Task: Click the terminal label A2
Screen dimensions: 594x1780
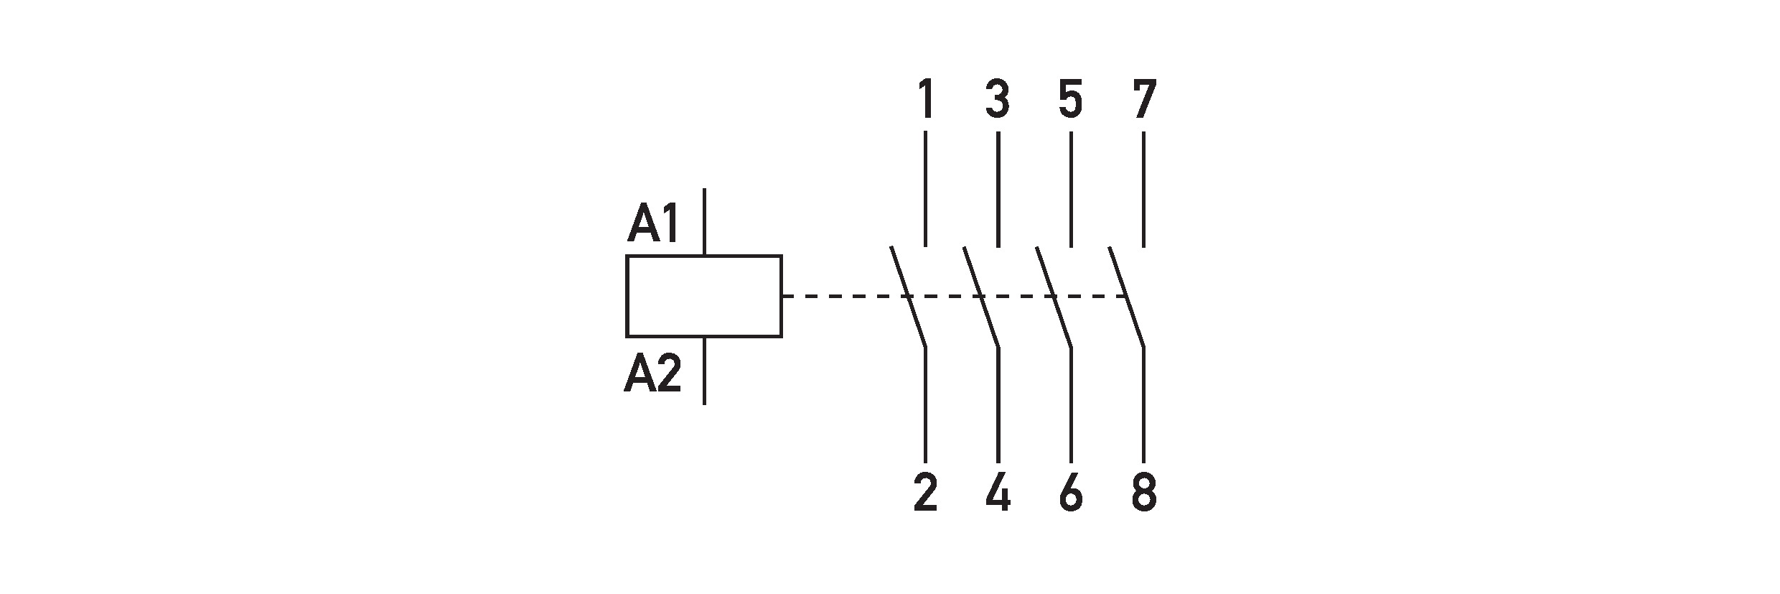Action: (652, 375)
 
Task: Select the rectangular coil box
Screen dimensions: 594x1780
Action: (703, 295)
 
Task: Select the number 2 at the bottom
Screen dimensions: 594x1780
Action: (925, 493)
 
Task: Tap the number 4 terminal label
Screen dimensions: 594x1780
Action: (998, 493)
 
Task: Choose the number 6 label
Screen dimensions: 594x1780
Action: (1070, 493)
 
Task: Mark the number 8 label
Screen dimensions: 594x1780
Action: (1143, 493)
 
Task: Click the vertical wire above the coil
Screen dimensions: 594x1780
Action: (704, 221)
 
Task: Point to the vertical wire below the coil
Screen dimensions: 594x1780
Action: (704, 370)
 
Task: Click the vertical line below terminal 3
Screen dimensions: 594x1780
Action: (998, 190)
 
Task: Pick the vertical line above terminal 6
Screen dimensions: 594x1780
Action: (1071, 405)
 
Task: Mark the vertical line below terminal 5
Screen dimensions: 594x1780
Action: (1071, 190)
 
